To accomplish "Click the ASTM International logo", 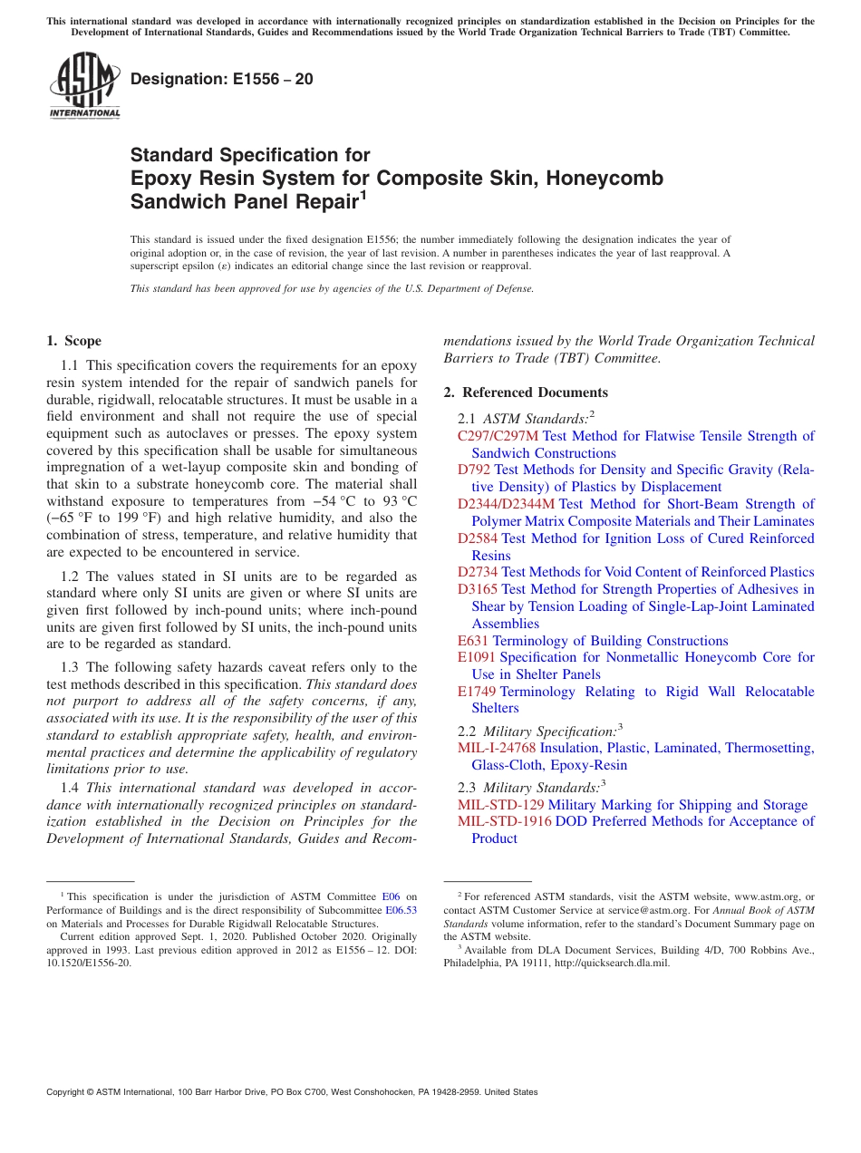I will click(x=85, y=86).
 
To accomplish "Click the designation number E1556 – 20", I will click(x=222, y=79).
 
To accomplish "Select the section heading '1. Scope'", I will click(x=73, y=341).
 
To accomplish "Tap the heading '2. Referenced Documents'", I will click(x=526, y=392).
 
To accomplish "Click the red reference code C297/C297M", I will click(x=498, y=436).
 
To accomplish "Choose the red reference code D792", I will click(x=474, y=470).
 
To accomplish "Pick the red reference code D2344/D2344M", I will click(x=506, y=504).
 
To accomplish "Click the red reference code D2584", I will click(x=478, y=538).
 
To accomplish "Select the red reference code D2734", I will click(x=478, y=572).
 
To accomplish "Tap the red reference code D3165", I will click(x=478, y=589).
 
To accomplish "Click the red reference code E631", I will click(x=473, y=641).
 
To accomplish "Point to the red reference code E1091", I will click(x=477, y=657).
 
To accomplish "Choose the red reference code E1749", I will click(x=477, y=692).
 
